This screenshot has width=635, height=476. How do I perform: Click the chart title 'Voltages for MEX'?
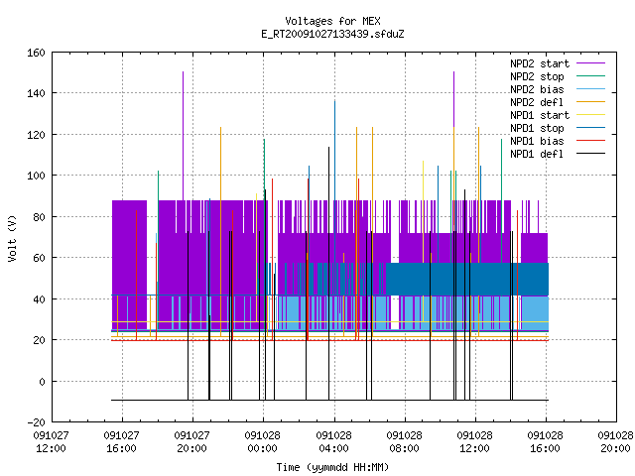tap(332, 21)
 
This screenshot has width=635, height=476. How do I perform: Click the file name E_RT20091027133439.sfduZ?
tap(332, 34)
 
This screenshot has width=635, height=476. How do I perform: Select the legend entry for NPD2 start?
tap(558, 63)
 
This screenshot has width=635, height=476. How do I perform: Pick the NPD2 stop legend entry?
tap(558, 76)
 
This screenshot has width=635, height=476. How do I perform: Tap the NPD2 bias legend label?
tap(558, 89)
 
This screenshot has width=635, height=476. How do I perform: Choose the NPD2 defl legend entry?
tap(558, 102)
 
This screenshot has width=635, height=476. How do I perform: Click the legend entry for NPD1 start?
tap(558, 115)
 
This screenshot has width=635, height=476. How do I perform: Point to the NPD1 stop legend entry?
tap(558, 128)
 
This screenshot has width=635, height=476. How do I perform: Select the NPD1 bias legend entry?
tap(558, 141)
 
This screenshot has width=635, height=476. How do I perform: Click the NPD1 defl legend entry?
tap(558, 154)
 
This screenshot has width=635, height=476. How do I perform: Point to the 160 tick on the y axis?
tap(36, 53)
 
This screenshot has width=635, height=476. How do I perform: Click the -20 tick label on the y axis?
tap(36, 422)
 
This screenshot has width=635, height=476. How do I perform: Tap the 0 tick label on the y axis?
tap(42, 381)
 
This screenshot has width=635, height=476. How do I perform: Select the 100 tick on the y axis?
tap(36, 176)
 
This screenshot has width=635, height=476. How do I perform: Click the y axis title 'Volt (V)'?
tap(12, 238)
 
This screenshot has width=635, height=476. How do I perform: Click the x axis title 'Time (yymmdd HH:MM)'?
tap(332, 467)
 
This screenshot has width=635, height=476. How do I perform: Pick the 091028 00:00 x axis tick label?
tap(262, 442)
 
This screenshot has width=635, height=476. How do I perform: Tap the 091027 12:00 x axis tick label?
tap(51, 442)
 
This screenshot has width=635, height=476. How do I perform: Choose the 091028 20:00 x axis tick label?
tap(615, 442)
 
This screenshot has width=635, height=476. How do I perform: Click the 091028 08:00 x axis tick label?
tap(404, 442)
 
